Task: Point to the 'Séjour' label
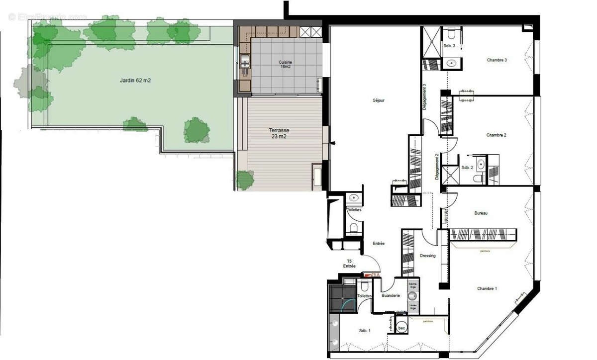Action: pyautogui.click(x=379, y=100)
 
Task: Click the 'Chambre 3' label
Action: pyautogui.click(x=497, y=60)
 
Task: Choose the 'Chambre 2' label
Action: pyautogui.click(x=496, y=135)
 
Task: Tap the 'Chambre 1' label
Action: pyautogui.click(x=487, y=288)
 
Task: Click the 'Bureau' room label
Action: pyautogui.click(x=481, y=213)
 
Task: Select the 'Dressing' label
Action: pyautogui.click(x=427, y=256)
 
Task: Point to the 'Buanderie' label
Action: pyautogui.click(x=391, y=296)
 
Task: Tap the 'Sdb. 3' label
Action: pyautogui.click(x=449, y=45)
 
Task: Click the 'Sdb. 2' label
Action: pyautogui.click(x=467, y=168)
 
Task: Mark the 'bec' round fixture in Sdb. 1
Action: pyautogui.click(x=402, y=328)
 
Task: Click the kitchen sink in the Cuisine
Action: pyautogui.click(x=244, y=62)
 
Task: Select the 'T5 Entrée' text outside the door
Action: pyautogui.click(x=349, y=264)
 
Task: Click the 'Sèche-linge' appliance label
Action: pyautogui.click(x=412, y=286)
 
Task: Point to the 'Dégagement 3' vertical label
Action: pyautogui.click(x=424, y=96)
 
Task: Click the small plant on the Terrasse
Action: pyautogui.click(x=245, y=179)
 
